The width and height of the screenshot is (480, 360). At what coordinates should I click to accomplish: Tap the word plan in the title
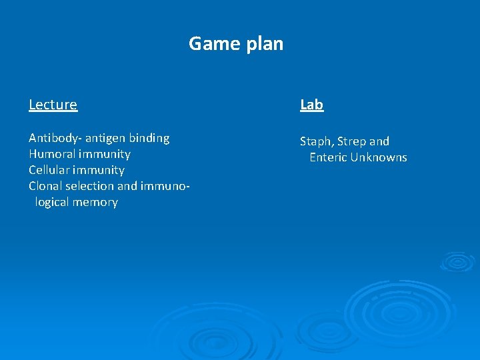pos(264,45)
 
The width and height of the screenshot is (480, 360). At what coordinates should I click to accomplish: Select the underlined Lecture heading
pos(53,105)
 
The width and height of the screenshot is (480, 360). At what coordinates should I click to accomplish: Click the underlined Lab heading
pos(311,105)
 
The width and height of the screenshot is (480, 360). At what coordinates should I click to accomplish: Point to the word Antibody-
pos(55,138)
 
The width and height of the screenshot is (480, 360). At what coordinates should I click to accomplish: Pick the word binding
pos(149,138)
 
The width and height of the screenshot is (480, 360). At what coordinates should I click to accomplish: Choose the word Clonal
pos(46,186)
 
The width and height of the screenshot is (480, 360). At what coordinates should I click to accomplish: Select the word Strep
pos(351,142)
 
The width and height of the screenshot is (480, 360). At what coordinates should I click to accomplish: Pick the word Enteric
pos(328,158)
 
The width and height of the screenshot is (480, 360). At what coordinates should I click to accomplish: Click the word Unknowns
pos(379,158)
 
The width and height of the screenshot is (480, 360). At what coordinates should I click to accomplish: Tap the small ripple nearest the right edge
pos(457,261)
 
